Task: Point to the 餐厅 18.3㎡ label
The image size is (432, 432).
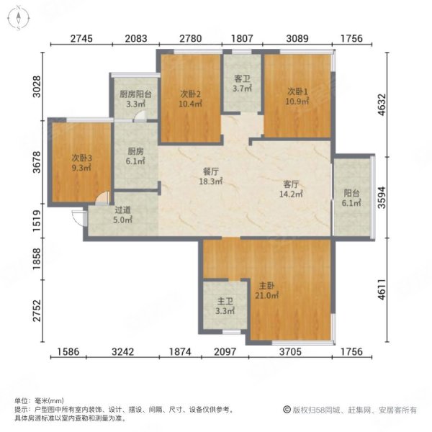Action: click(x=210, y=177)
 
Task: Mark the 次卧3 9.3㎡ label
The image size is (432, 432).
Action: click(x=81, y=162)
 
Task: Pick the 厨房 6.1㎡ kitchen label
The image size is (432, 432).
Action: click(x=135, y=156)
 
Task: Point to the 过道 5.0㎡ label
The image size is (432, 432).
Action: click(x=123, y=215)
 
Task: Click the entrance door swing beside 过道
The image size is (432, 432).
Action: click(x=76, y=213)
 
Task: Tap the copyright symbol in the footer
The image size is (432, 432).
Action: click(x=285, y=410)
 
